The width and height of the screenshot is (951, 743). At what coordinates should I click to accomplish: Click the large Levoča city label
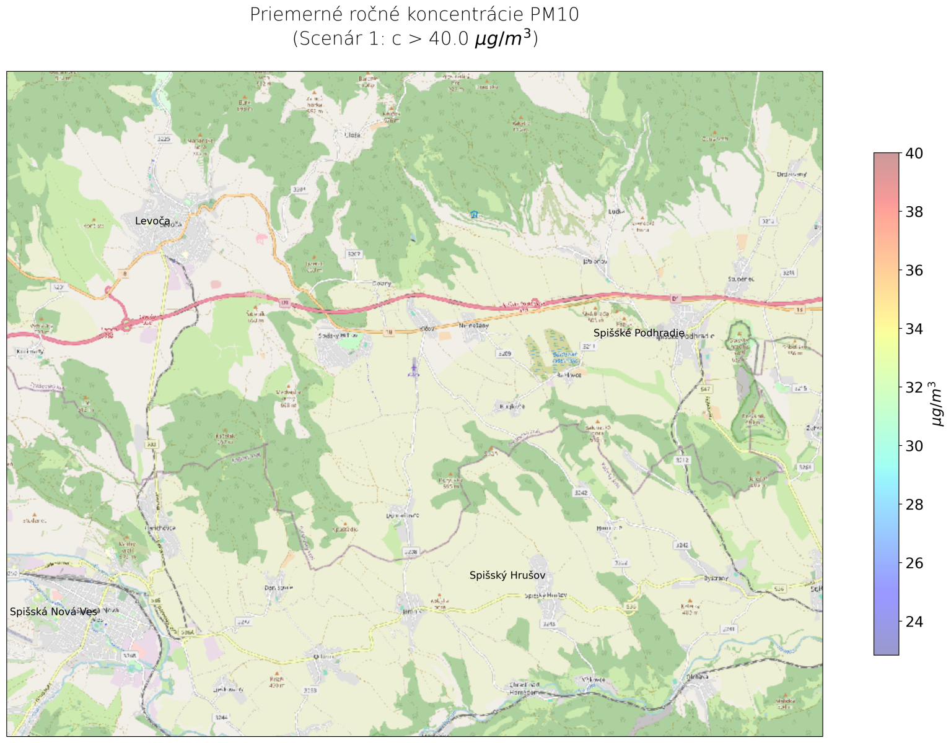point(152,221)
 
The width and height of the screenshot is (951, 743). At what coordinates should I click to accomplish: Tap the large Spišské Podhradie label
point(639,333)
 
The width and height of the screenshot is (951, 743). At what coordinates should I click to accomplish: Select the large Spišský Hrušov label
point(507,575)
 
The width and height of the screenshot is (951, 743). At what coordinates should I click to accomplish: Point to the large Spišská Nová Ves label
point(53,612)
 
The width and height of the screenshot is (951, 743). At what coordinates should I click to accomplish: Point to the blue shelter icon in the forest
point(474,214)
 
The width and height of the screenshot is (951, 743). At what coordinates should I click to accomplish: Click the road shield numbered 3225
point(164,139)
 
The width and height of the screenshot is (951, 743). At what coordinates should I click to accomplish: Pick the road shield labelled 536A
point(188,633)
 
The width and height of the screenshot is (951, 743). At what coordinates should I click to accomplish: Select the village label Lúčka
point(616,212)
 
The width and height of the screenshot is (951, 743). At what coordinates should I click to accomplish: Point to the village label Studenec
point(740,280)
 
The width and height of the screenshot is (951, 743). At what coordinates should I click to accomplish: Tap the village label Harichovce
point(160,528)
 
